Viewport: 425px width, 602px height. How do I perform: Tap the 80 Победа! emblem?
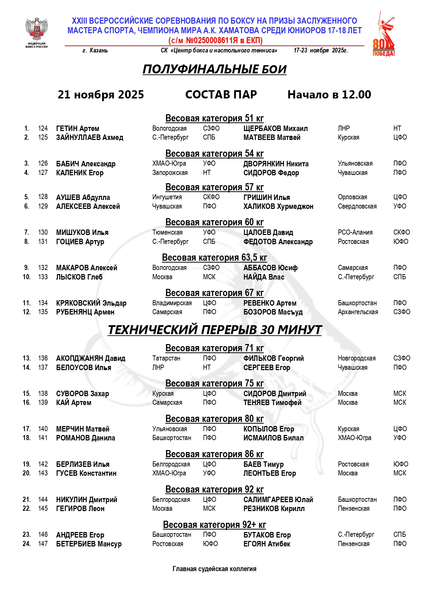[x=384, y=34]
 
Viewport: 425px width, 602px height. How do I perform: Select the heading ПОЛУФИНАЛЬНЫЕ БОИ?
[x=214, y=69]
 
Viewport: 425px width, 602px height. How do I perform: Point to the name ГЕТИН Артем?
[x=78, y=129]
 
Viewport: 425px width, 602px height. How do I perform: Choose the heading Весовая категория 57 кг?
[x=214, y=187]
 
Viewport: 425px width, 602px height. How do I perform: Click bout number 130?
[x=43, y=233]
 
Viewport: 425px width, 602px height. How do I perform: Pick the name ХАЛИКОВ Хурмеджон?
[x=278, y=206]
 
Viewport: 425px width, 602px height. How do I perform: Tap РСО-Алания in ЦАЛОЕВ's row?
[x=355, y=233]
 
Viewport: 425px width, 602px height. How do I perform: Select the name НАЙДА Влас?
[x=264, y=277]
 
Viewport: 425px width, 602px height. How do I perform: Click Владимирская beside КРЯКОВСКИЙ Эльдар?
[x=172, y=303]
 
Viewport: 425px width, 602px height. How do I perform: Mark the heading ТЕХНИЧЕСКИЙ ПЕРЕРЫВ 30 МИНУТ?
[x=214, y=330]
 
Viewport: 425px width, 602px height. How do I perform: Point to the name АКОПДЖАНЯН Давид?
[x=91, y=358]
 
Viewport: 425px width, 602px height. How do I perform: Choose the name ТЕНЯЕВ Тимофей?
[x=272, y=403]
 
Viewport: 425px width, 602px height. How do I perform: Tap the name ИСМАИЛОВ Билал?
[x=273, y=438]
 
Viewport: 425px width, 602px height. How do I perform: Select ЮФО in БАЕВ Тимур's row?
[x=401, y=464]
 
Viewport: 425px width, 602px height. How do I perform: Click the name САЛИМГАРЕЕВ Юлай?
[x=278, y=500]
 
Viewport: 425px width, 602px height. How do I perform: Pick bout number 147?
[x=43, y=544]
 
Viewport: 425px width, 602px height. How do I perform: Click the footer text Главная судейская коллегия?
[x=214, y=569]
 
